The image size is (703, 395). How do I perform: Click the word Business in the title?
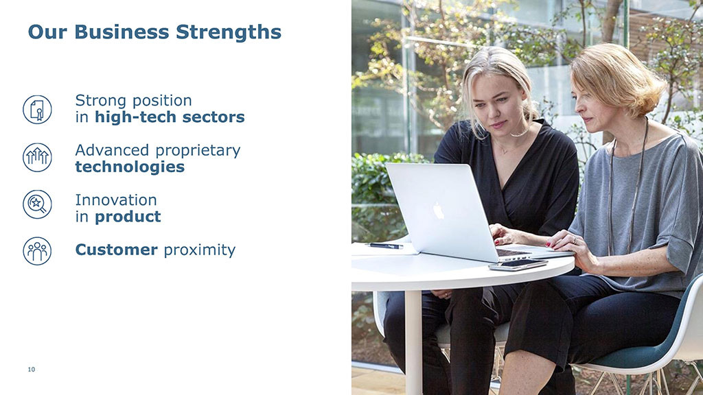122,32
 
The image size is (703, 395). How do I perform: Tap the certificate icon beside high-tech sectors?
37,110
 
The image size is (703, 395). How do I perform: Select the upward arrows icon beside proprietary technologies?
37,157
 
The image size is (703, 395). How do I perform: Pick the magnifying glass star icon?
37,204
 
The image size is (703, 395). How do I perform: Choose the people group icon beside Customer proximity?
37,251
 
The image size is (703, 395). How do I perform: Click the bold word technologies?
130,167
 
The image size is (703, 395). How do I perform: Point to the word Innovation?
116,200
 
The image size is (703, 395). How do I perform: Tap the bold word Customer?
117,250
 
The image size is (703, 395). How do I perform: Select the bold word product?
128,217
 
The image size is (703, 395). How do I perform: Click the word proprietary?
198,151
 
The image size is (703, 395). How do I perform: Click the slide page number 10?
32,370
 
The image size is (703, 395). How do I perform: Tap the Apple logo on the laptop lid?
438,211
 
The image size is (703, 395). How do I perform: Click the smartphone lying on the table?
518,265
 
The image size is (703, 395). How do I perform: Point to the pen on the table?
384,246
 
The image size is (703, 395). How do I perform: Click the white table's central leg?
413,343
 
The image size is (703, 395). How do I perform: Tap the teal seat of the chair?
627,356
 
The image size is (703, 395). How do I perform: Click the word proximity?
200,250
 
